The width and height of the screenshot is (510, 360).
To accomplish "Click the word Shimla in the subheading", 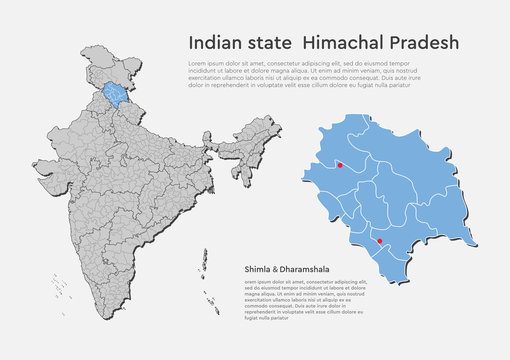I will click(255, 269).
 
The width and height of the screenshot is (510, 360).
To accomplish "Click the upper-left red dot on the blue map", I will click(340, 165).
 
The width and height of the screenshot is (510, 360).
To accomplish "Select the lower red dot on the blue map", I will click(378, 241).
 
